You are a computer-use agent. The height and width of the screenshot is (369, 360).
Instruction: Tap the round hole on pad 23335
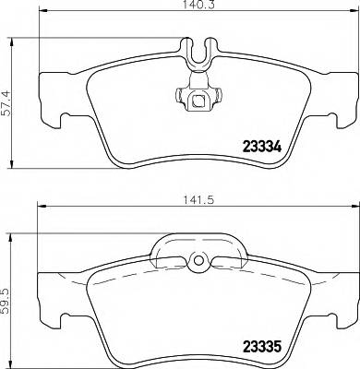coord(196,265)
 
